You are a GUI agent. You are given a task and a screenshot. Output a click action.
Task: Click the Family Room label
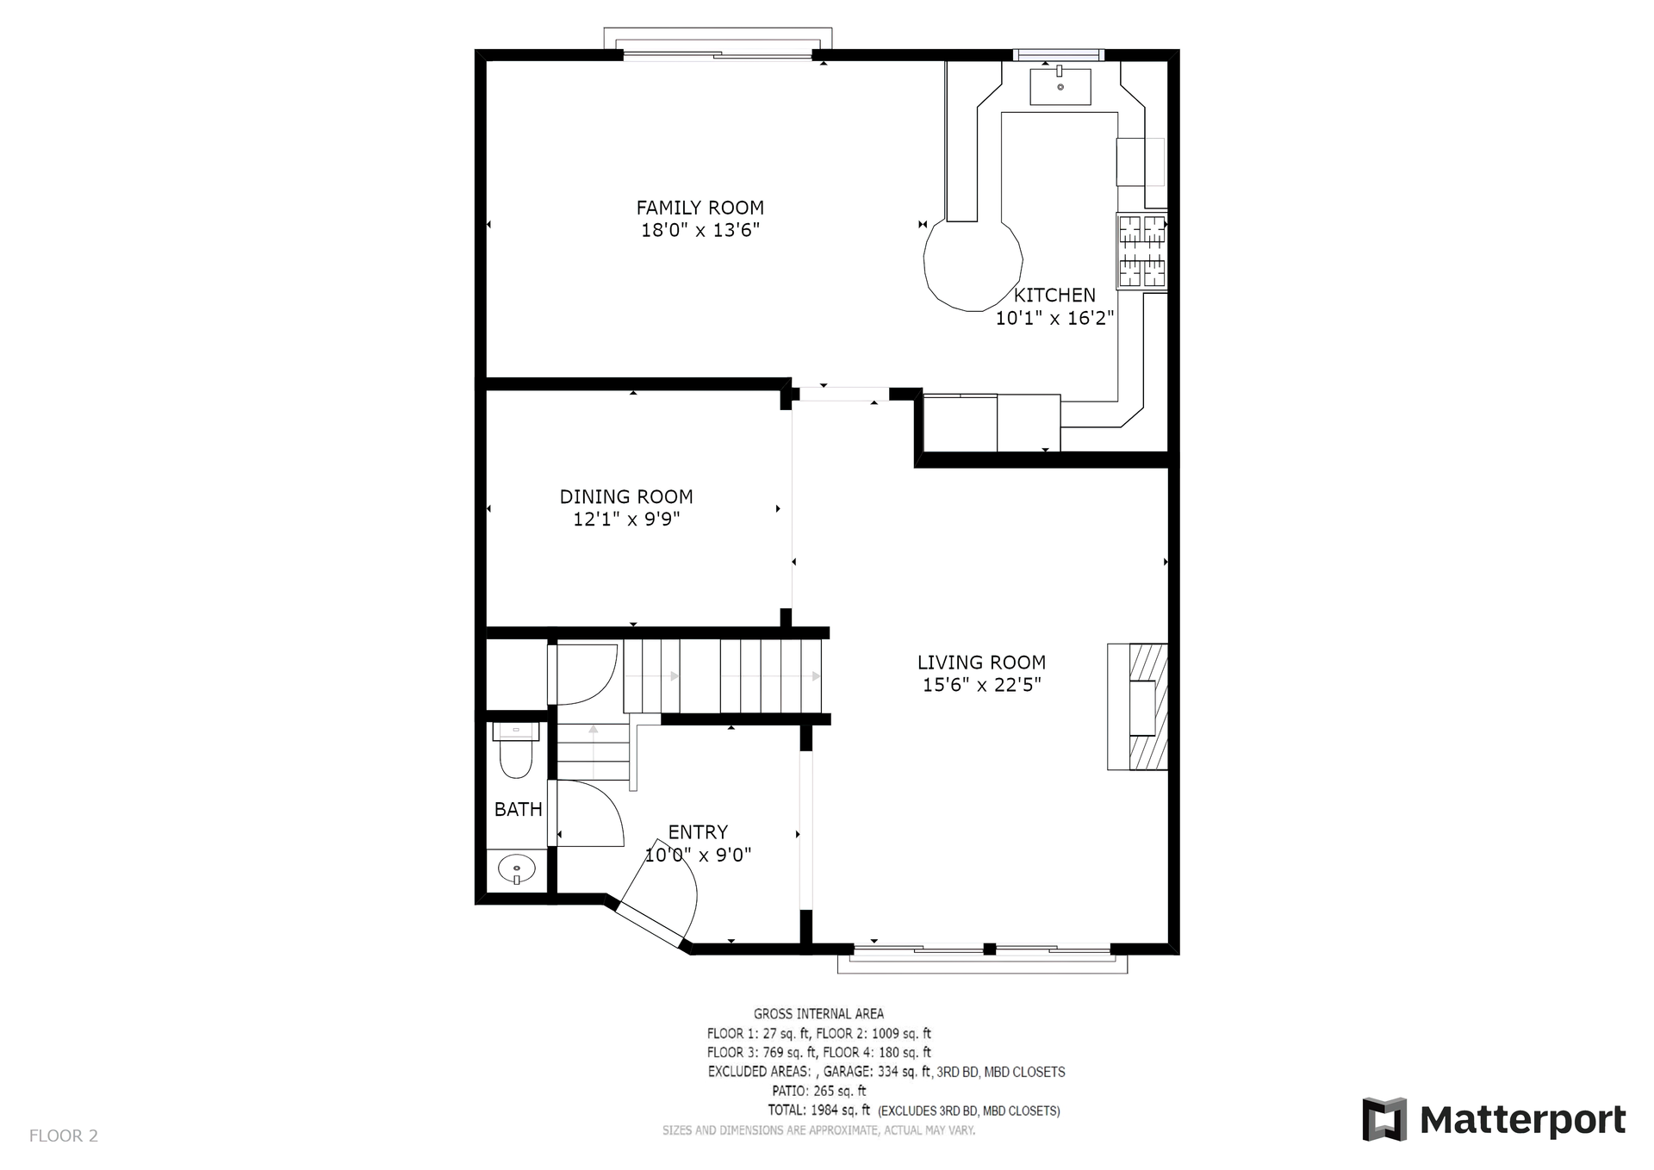(700, 208)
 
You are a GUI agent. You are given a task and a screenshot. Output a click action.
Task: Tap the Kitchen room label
(1054, 296)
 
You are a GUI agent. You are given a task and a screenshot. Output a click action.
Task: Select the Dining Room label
(626, 497)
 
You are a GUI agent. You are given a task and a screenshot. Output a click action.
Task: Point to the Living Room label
(981, 663)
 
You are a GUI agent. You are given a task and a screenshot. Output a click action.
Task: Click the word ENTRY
(698, 832)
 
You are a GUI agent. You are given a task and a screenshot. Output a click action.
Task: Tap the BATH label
(518, 809)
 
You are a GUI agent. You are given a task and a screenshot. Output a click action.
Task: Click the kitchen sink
(1060, 85)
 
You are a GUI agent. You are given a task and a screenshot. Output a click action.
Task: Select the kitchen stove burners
(1141, 251)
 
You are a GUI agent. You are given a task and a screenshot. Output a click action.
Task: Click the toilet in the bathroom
(516, 750)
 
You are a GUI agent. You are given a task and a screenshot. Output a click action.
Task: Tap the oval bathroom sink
(516, 868)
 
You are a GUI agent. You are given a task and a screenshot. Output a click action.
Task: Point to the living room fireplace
(1137, 706)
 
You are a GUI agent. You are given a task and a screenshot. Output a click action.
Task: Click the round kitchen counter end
(973, 263)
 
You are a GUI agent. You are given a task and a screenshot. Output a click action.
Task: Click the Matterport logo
(1494, 1119)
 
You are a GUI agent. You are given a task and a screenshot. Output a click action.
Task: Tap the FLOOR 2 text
(64, 1136)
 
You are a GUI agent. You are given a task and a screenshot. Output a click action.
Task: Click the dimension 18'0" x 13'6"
(700, 230)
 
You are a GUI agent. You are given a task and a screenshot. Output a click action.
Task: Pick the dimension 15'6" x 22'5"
(982, 685)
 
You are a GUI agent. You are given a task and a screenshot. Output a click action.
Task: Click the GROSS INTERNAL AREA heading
(818, 1014)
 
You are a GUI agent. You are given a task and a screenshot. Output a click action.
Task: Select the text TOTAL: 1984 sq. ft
(818, 1111)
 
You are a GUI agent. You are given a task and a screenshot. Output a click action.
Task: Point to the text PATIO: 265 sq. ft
(818, 1091)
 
